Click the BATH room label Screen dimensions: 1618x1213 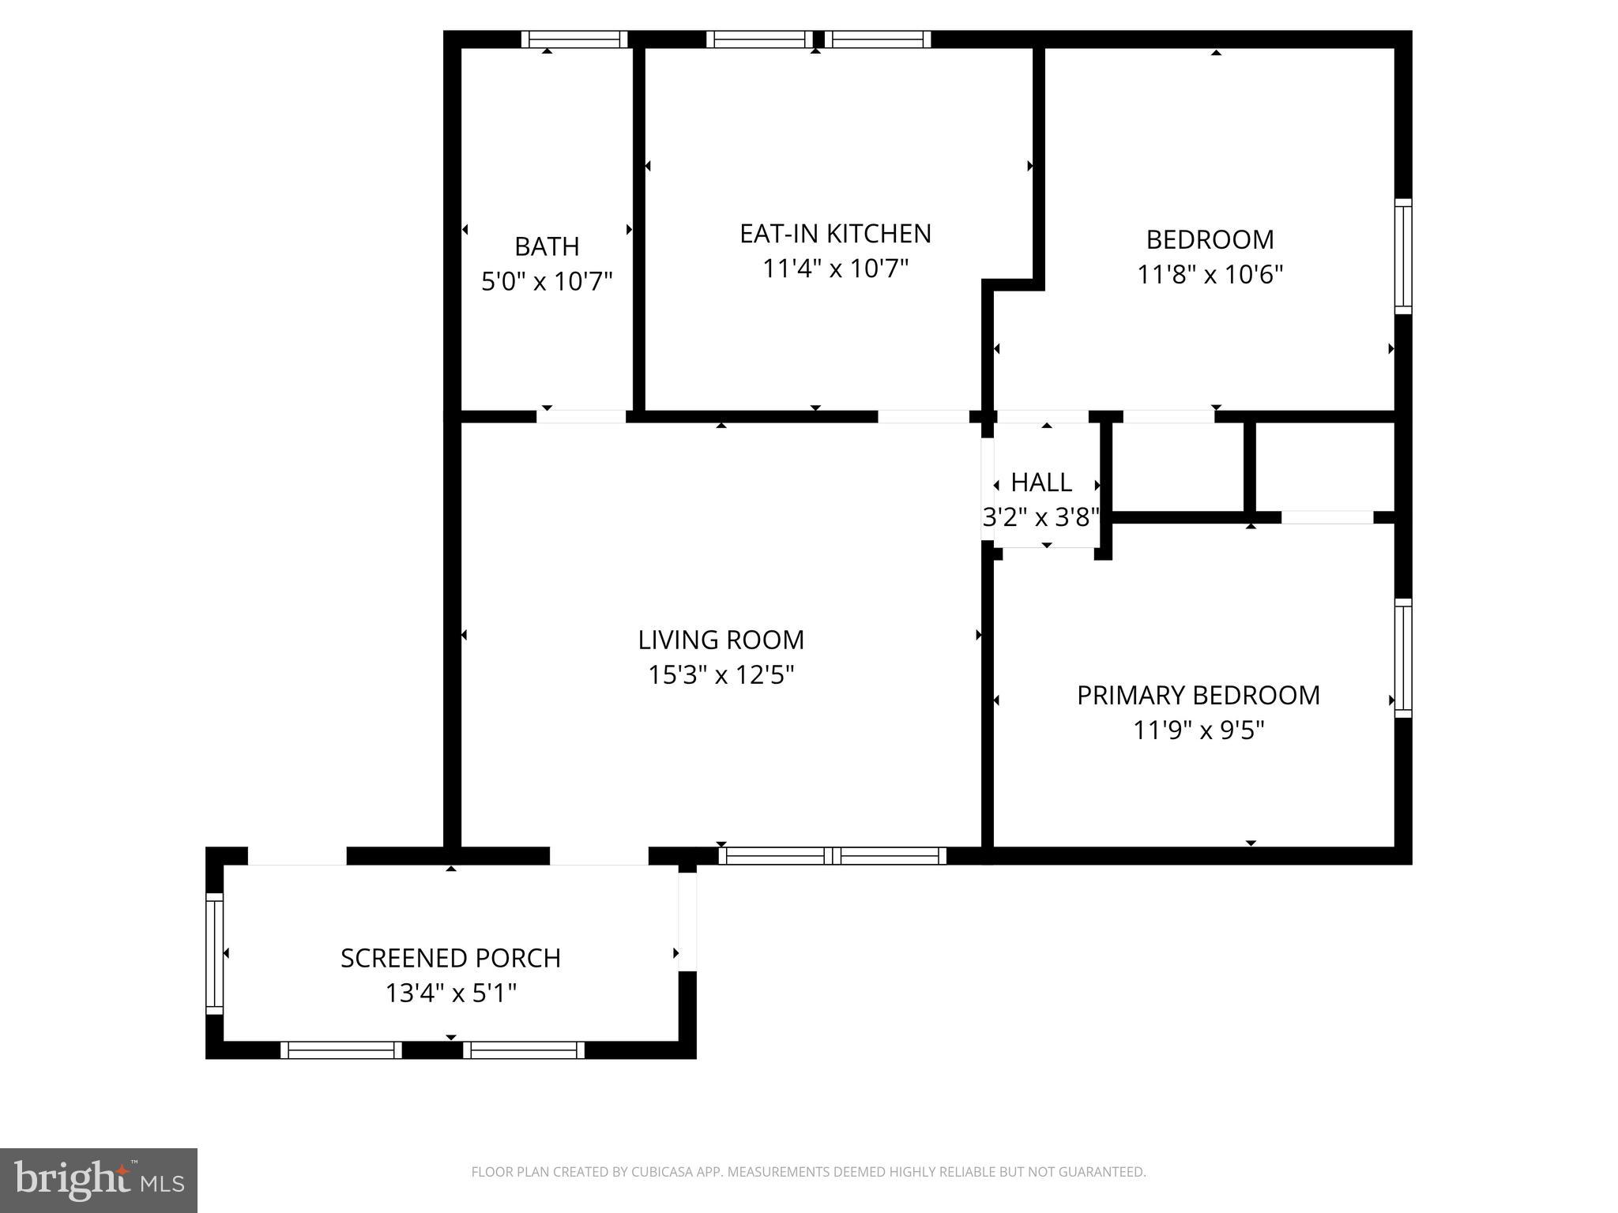coord(547,246)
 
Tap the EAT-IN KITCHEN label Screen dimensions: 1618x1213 coord(835,234)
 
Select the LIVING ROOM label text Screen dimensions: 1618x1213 coord(721,640)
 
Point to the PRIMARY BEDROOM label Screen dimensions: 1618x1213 coord(1198,695)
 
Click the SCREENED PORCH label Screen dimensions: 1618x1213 coord(450,958)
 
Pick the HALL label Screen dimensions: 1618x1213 coord(1041,482)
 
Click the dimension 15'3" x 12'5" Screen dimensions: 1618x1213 coord(721,675)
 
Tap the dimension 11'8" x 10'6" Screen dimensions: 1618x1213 coord(1210,275)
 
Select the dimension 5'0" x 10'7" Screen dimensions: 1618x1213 coord(547,281)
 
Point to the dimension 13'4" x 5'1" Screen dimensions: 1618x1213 coord(450,993)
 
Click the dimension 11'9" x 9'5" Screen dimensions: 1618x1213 coord(1198,730)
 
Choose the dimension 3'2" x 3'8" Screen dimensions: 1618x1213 coord(1041,517)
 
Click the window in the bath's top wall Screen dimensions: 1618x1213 coord(574,39)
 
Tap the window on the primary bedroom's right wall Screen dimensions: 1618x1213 coord(1403,658)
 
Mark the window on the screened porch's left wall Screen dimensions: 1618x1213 coord(214,953)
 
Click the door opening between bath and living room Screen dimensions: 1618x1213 coord(581,416)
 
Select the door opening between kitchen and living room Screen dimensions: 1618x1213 coord(924,416)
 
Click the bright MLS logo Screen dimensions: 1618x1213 coord(99,1181)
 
